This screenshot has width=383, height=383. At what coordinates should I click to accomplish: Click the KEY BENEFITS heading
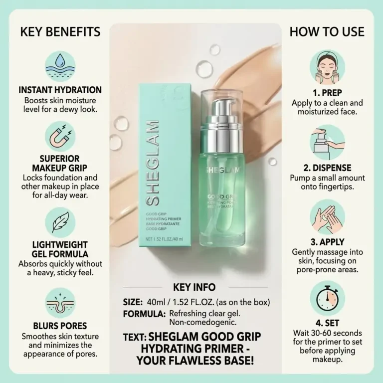[60, 32]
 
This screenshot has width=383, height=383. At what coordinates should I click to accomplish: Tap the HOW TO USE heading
[327, 32]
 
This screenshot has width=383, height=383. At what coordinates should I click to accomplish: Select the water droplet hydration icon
[60, 66]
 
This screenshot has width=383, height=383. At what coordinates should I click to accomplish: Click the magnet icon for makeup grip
[60, 136]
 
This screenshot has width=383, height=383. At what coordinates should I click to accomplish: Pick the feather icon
[60, 222]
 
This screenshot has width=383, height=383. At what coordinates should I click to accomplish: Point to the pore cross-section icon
[60, 303]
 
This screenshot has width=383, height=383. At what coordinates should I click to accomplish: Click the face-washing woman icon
[327, 67]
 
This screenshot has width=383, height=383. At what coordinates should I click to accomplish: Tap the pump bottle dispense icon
[327, 143]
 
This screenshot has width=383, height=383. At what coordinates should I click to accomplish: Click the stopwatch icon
[327, 299]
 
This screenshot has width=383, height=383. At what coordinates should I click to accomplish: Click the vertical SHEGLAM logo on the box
[153, 163]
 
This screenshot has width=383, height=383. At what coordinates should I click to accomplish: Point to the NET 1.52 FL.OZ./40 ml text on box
[164, 239]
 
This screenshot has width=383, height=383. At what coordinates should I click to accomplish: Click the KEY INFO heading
[194, 287]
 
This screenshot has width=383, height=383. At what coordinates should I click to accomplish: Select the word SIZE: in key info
[133, 302]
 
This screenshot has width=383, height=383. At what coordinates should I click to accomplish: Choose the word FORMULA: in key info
[144, 314]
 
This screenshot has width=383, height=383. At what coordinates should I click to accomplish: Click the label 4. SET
[327, 323]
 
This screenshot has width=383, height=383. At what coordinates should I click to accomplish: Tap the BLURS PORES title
[60, 326]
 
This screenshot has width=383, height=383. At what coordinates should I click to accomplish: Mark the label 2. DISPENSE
[327, 168]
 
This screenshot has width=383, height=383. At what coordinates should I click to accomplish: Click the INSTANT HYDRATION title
[60, 90]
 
